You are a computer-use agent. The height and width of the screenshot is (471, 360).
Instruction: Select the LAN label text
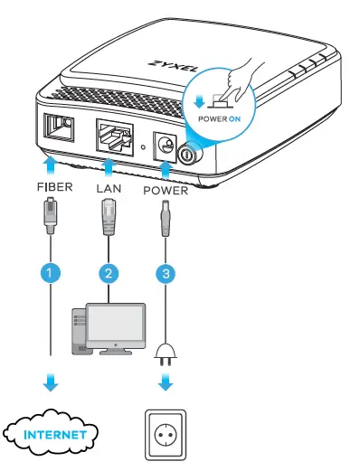109,190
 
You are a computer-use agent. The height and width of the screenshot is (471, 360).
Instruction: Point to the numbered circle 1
52,269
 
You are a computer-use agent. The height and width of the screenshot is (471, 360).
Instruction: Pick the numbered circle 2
109,269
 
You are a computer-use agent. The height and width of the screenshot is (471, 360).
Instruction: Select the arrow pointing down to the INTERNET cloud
52,384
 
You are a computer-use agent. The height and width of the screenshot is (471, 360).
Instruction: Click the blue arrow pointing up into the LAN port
109,168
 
